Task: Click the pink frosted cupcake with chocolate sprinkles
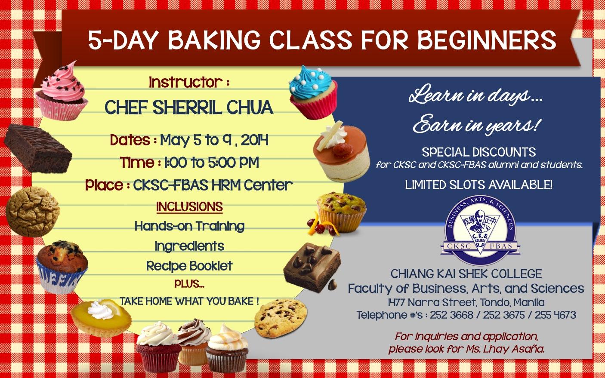click(62, 91)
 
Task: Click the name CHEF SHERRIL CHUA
click(189, 107)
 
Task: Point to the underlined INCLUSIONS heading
click(190, 207)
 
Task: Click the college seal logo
click(480, 230)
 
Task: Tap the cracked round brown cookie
click(32, 212)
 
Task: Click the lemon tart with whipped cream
click(101, 318)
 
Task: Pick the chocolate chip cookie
click(281, 318)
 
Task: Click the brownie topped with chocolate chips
click(312, 267)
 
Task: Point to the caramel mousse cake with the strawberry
click(342, 152)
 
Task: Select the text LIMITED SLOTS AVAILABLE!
click(478, 185)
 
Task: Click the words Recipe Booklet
click(189, 266)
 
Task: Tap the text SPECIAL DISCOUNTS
click(479, 152)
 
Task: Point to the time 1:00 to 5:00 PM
click(211, 163)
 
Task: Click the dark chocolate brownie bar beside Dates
click(38, 148)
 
